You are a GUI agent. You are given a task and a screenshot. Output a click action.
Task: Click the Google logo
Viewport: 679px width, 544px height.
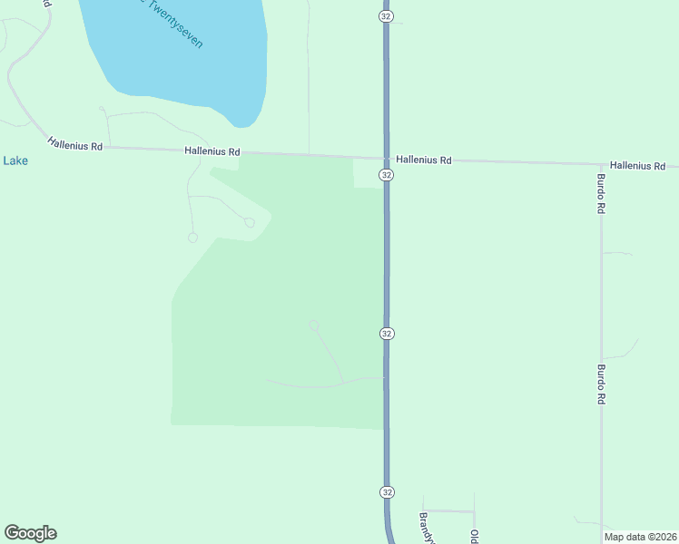tap(30, 533)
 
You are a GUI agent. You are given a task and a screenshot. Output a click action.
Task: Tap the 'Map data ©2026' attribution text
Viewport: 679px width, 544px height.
tap(641, 537)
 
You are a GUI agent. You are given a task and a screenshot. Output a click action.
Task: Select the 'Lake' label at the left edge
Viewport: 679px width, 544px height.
tap(15, 160)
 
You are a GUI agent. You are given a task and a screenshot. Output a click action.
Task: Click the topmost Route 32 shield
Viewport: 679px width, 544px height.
tap(386, 15)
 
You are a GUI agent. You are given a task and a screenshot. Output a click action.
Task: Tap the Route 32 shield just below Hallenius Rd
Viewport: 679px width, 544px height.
tap(387, 174)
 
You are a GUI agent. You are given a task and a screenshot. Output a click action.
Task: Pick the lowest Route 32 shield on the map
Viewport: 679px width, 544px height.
tap(387, 491)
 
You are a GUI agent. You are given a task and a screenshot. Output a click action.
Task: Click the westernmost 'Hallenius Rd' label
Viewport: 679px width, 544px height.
tap(75, 144)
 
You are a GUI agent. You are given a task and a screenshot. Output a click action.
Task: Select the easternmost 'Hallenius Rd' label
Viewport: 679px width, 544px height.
tap(638, 166)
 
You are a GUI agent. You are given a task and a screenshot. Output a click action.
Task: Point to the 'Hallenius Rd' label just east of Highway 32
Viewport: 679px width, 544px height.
tap(424, 160)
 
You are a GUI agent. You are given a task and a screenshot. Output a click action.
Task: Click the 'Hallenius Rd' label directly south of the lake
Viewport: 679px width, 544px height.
tap(212, 151)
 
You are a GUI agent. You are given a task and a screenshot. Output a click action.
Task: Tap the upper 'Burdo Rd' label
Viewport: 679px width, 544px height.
tap(601, 193)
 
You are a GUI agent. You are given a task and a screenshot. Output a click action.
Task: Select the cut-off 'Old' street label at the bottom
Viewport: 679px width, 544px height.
tap(474, 535)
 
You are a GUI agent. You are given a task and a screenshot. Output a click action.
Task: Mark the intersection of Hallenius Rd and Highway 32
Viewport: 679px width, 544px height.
tap(386, 158)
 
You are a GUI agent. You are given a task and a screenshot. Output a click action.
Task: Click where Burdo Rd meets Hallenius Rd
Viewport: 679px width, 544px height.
tap(600, 164)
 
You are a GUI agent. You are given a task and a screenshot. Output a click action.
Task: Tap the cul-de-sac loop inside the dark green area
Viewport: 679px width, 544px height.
tap(314, 325)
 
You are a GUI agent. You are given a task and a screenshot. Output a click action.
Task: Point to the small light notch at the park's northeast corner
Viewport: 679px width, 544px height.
tap(367, 175)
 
